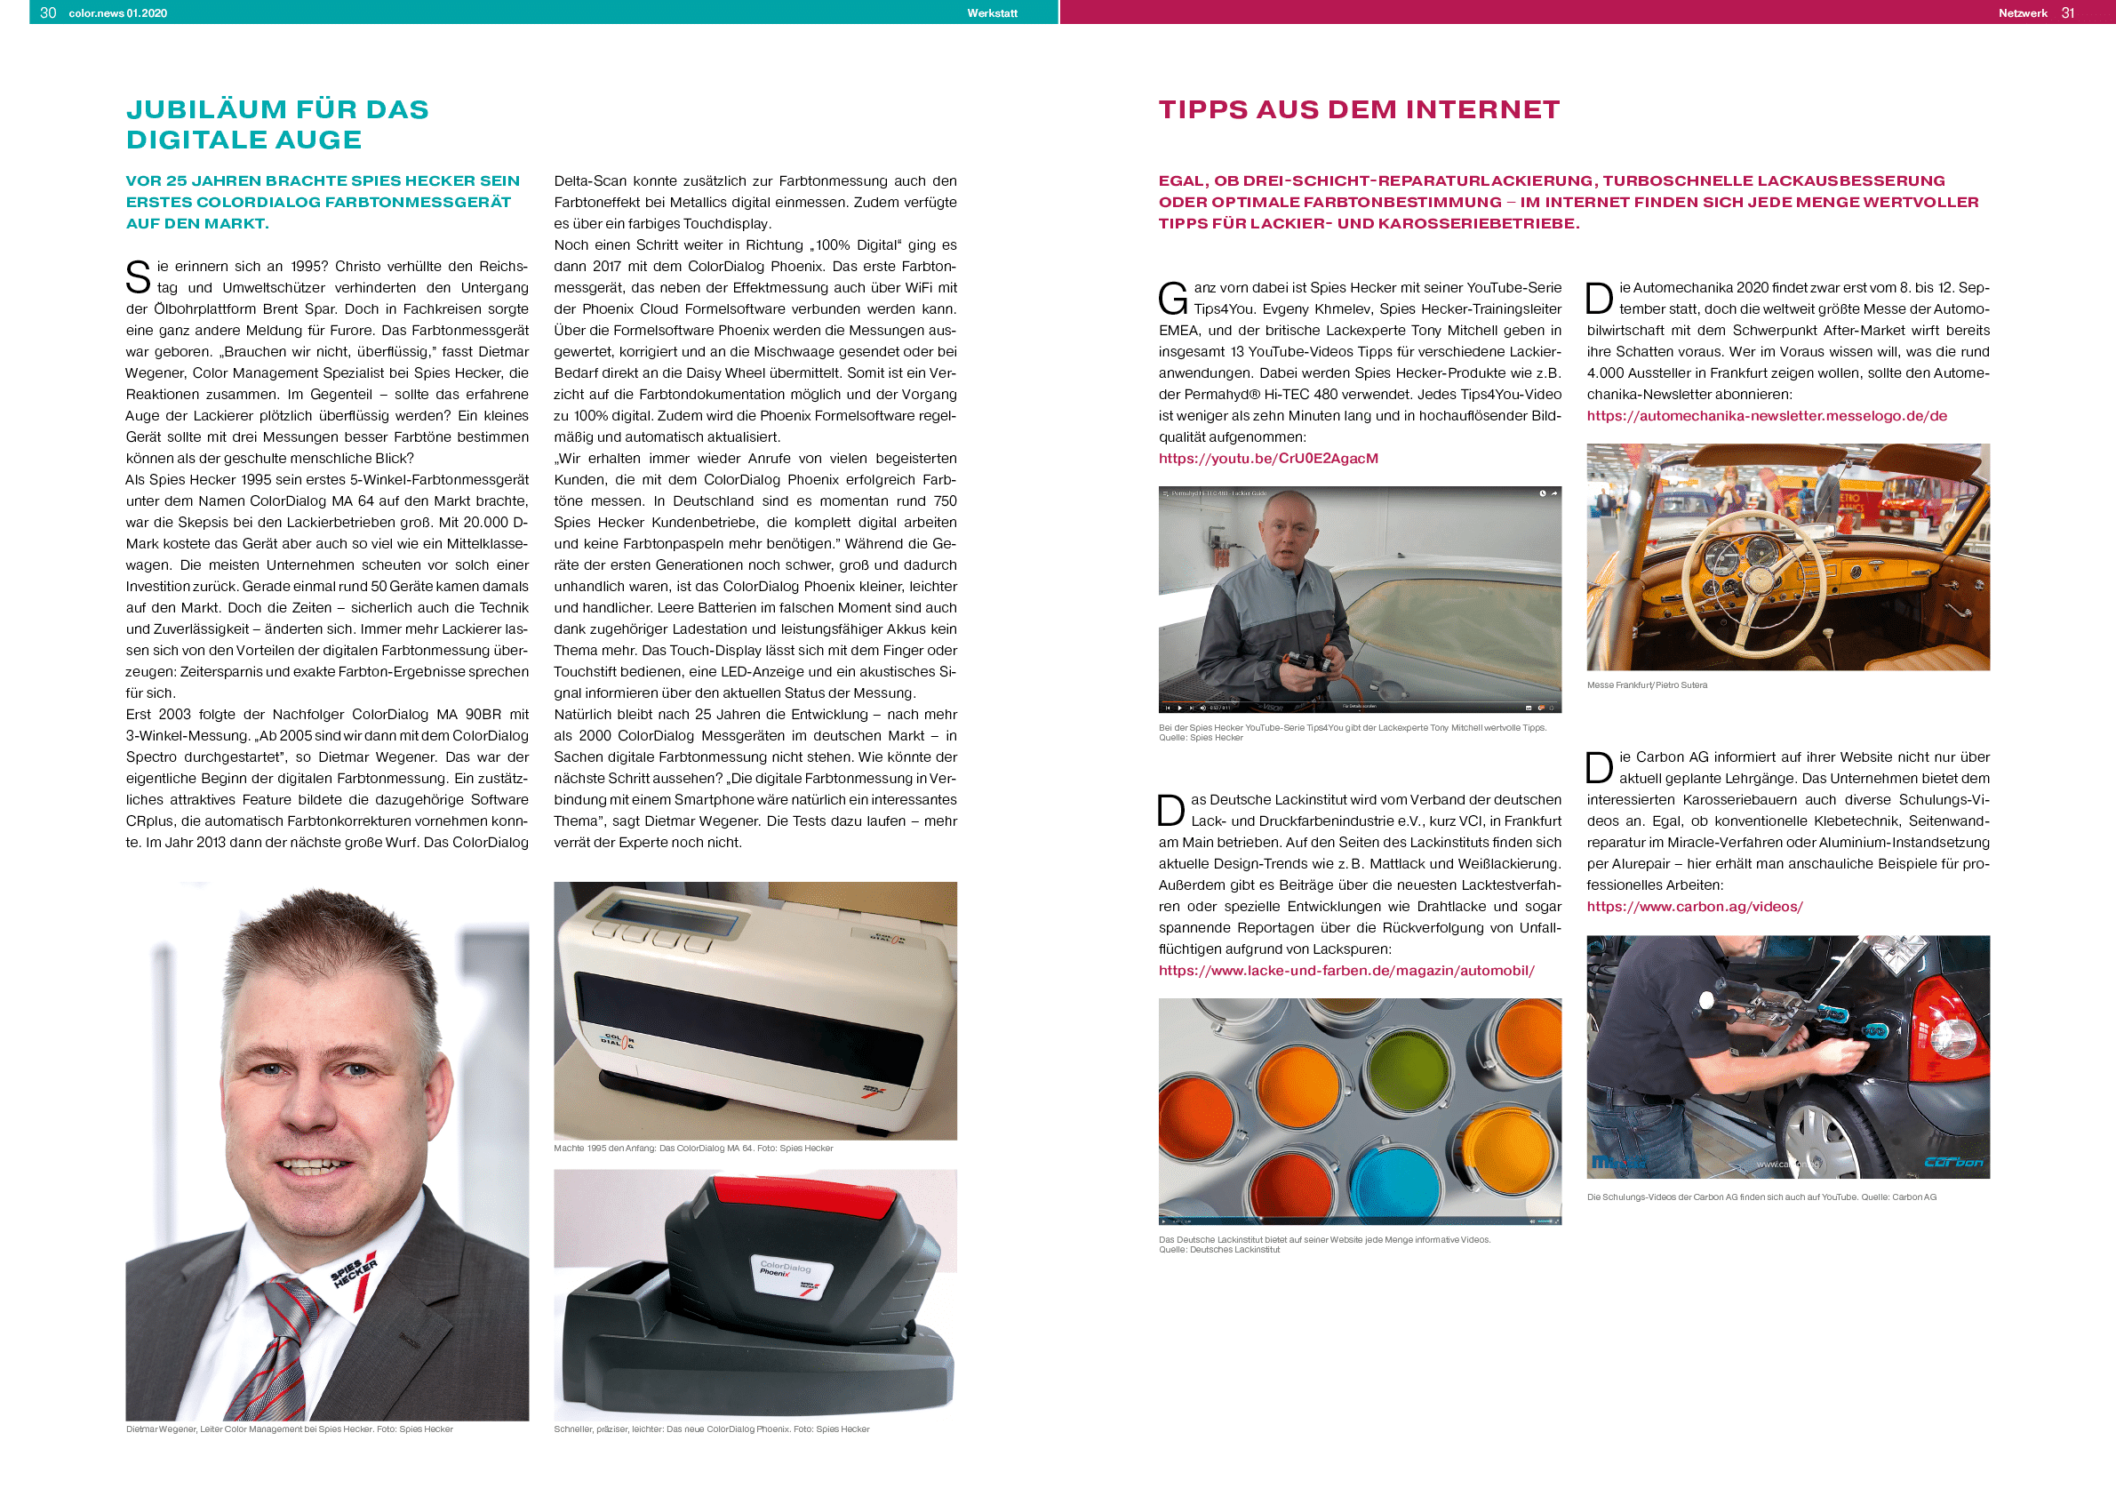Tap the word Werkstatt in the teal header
click(992, 13)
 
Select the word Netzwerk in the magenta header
click(2022, 13)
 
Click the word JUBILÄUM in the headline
click(206, 109)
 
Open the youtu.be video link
click(1268, 458)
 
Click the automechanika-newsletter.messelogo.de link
click(1766, 416)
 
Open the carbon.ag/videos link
click(1694, 906)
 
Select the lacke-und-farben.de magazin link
click(1345, 970)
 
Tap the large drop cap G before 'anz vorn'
click(1172, 299)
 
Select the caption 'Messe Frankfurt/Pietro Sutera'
click(1646, 684)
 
